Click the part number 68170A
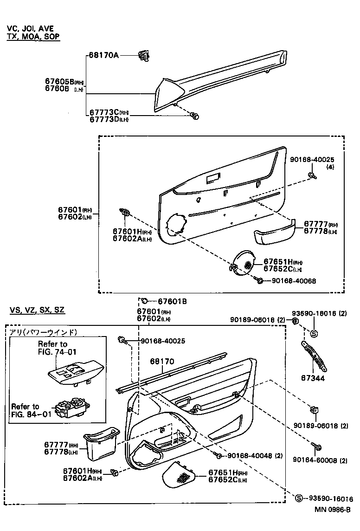[x=104, y=55]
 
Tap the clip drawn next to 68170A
[x=144, y=57]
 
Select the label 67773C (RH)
[x=109, y=113]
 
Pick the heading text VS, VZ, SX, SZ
[x=37, y=310]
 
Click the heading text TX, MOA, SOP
[x=33, y=36]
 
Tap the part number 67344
[x=314, y=378]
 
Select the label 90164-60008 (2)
[x=320, y=460]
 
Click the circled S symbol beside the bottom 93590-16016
[x=299, y=499]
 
